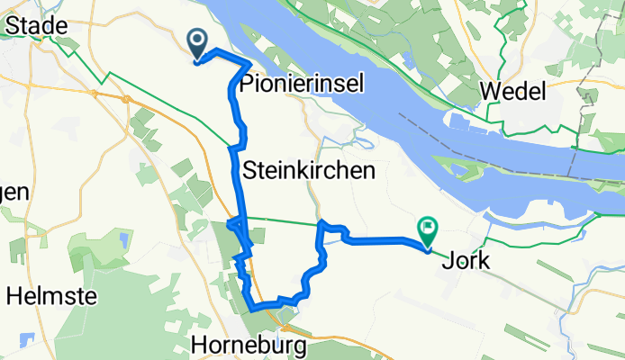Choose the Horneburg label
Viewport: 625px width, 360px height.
[x=249, y=345]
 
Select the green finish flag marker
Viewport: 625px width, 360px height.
[x=427, y=232]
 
